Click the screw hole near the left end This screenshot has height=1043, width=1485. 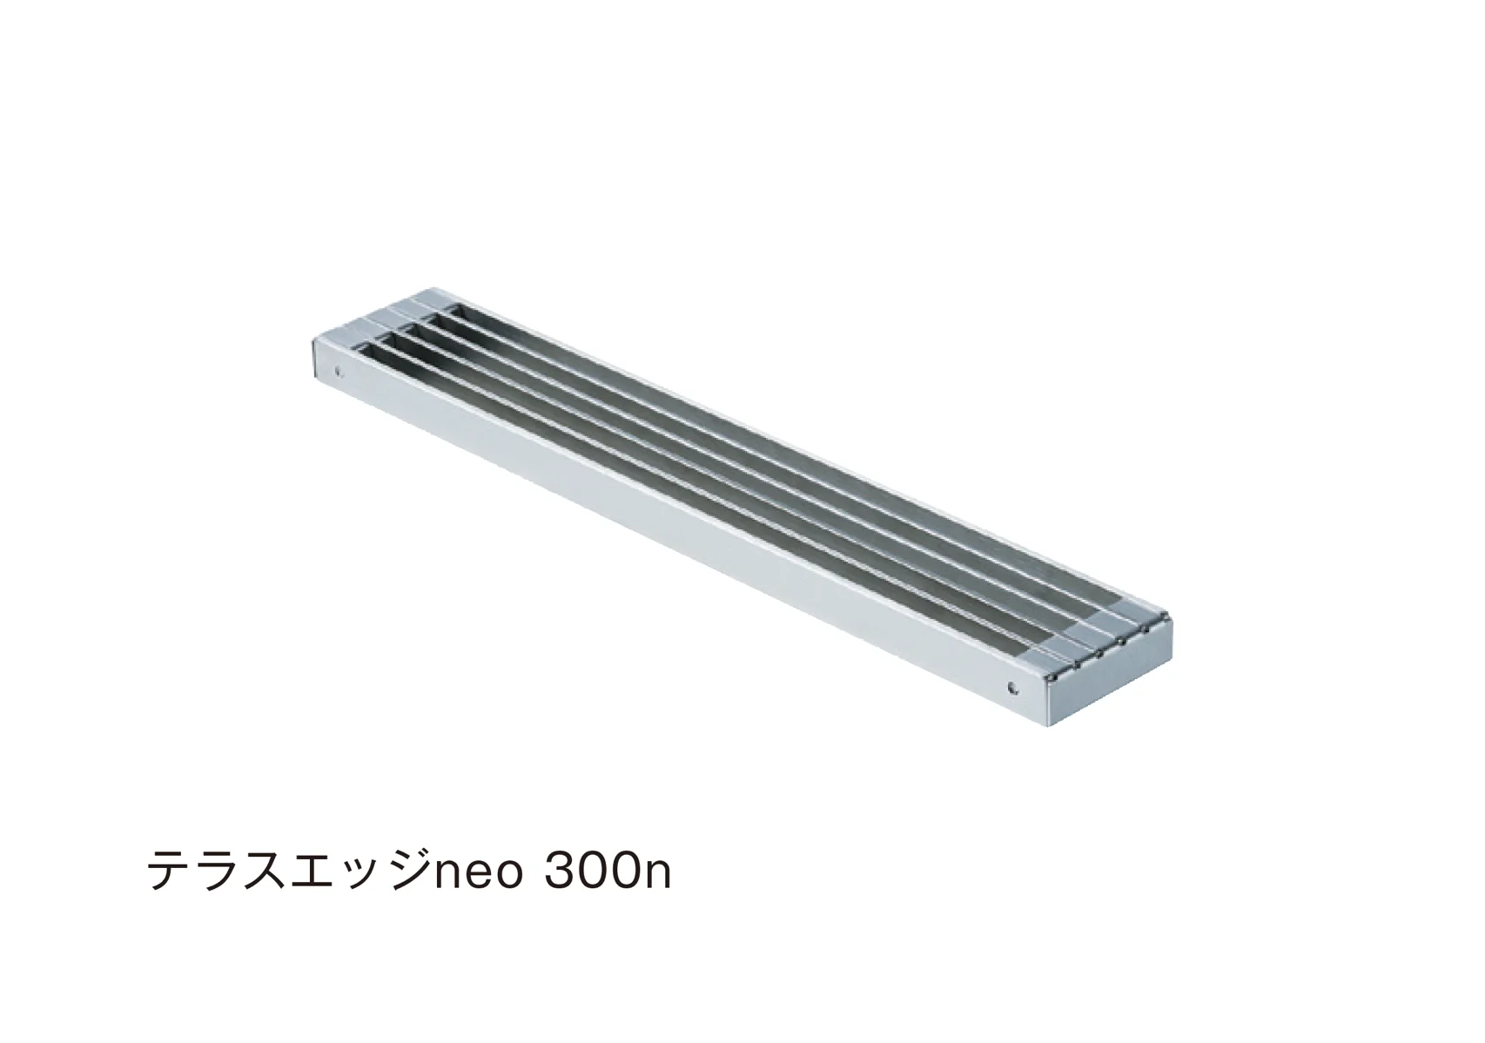click(x=339, y=369)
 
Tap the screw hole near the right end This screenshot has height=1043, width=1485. click(x=1011, y=688)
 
